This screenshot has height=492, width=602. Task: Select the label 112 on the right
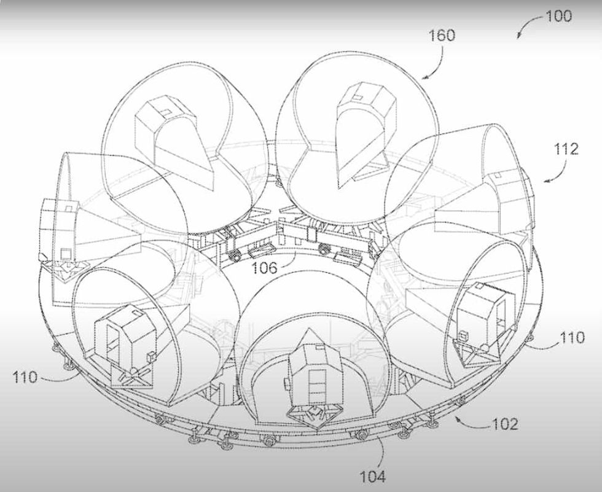[565, 149]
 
